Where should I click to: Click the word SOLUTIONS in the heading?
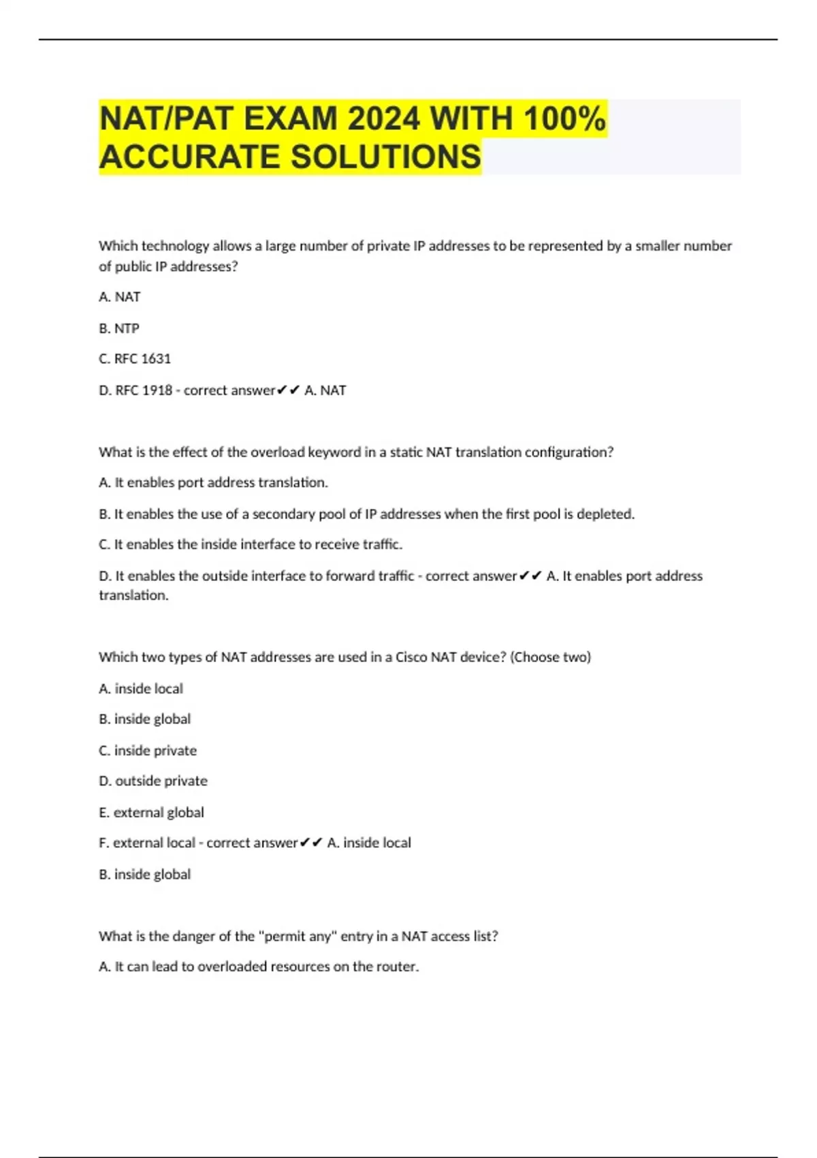[x=386, y=157]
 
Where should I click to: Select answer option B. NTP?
[x=119, y=328]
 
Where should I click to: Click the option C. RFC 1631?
[x=135, y=359]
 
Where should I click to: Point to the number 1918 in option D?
[x=157, y=390]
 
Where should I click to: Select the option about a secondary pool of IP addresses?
[x=366, y=514]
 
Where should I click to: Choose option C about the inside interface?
[x=251, y=544]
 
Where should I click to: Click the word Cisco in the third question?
[x=411, y=657]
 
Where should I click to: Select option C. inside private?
[x=148, y=751]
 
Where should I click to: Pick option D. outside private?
[x=153, y=781]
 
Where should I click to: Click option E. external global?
[x=151, y=813]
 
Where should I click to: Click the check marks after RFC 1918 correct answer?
[x=289, y=390]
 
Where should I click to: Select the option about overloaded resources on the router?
[x=259, y=967]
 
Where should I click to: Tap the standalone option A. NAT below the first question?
[x=120, y=297]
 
